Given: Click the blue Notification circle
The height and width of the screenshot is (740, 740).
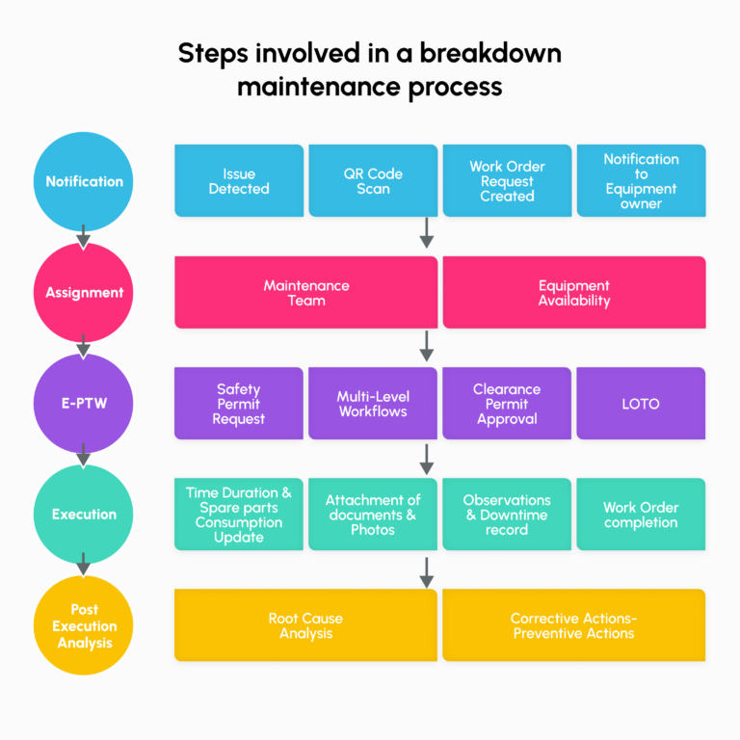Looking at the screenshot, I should (84, 181).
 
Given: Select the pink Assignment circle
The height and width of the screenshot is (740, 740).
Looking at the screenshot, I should (84, 292).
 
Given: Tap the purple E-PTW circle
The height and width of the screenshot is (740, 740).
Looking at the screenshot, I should (84, 404).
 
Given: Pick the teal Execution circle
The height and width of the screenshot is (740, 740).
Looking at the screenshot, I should (84, 514).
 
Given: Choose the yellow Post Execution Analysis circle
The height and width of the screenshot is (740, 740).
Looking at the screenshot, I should (84, 625).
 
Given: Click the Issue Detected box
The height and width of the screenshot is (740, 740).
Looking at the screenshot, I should (239, 181).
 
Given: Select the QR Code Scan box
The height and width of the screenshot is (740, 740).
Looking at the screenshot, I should (373, 181).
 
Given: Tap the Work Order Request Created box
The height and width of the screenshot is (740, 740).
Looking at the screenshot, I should (507, 181).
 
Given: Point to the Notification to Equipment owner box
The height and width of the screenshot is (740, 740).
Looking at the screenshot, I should (641, 181).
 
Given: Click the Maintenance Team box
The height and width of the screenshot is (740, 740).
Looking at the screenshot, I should (305, 293).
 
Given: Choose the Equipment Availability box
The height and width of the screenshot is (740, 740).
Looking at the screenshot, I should (574, 293).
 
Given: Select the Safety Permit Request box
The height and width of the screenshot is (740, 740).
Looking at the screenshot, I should (239, 404).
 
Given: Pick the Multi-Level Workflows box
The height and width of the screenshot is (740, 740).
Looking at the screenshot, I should (373, 404).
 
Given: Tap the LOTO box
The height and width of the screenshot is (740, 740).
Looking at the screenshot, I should (641, 404).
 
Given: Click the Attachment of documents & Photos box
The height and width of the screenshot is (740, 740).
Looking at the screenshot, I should (373, 515).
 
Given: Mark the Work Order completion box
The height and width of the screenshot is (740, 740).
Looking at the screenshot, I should (641, 515).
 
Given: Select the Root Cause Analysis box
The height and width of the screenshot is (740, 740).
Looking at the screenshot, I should (305, 625).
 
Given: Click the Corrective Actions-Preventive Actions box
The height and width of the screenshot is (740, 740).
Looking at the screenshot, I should (574, 625).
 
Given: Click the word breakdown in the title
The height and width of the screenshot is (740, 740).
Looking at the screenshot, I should (490, 54).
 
